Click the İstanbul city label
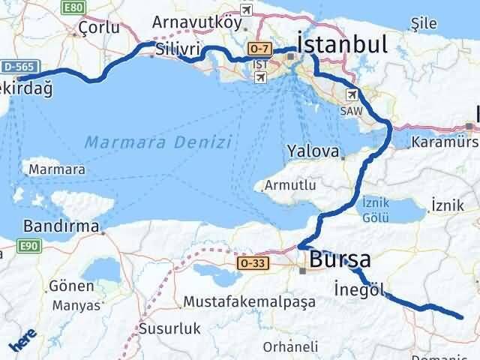(343, 42)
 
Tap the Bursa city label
(340, 259)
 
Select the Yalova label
(313, 151)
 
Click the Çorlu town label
(99, 28)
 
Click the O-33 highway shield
(250, 264)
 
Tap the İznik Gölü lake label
(375, 209)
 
